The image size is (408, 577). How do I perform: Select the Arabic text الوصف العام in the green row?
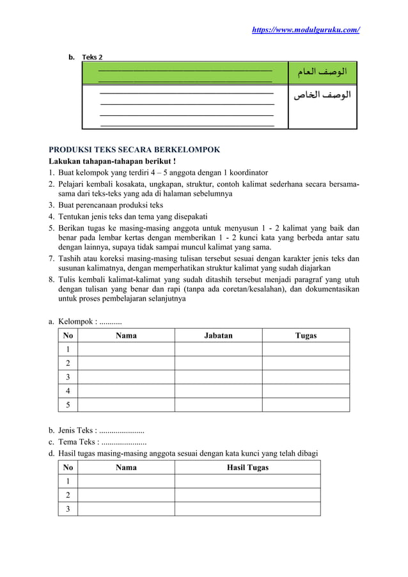tap(322, 72)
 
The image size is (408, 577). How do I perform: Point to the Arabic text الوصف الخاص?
tap(322, 96)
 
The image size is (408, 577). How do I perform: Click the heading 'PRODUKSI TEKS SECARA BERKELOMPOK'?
tap(135, 150)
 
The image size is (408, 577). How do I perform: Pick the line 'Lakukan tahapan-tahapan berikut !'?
tap(113, 161)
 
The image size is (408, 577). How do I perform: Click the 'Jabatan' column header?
tap(218, 335)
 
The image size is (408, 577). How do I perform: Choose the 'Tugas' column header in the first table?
tap(306, 335)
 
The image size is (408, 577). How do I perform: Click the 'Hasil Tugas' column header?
tap(247, 468)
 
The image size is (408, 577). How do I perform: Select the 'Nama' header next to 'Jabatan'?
tap(126, 335)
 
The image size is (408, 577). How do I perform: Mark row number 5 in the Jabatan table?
tap(68, 404)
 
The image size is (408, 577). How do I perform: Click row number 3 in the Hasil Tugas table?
tap(68, 509)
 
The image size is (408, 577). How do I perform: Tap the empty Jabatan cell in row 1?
tap(218, 349)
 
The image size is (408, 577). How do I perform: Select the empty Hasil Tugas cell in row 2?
tap(247, 495)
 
